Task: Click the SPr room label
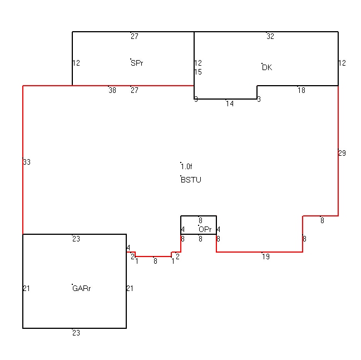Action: point(137,63)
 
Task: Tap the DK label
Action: point(267,67)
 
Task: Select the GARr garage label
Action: point(82,288)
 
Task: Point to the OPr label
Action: point(205,229)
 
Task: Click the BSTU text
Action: point(191,180)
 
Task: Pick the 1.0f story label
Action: point(186,166)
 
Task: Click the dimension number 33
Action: point(27,162)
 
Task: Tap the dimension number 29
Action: point(342,153)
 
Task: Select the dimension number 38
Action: point(112,90)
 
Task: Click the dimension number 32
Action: point(270,36)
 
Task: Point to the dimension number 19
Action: point(266,257)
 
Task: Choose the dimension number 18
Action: point(301,90)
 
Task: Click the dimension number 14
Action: point(230,103)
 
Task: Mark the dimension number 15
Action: point(198,72)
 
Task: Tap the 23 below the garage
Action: point(76,333)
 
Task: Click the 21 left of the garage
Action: point(27,288)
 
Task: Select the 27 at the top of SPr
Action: point(135,36)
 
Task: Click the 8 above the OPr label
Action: point(200,220)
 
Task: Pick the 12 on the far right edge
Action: point(342,63)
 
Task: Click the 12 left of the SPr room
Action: point(76,63)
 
